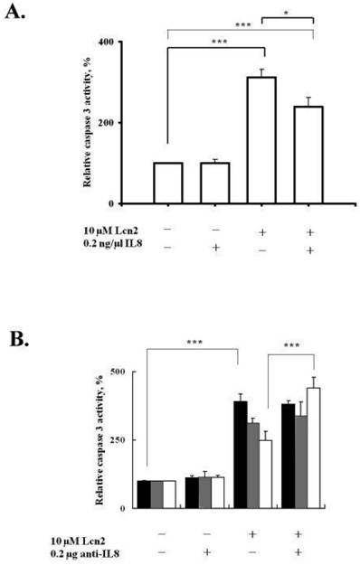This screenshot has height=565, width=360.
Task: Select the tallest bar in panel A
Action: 262,140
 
